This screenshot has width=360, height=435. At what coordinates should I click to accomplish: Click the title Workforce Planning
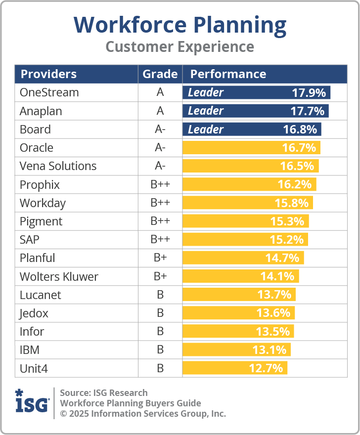click(180, 25)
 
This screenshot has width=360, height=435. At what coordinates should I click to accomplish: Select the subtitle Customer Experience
click(180, 47)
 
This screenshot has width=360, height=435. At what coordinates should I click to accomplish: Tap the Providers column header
click(48, 74)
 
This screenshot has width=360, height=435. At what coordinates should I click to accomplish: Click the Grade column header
click(160, 74)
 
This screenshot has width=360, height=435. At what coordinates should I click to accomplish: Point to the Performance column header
click(228, 74)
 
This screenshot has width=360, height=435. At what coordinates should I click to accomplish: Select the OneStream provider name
click(49, 92)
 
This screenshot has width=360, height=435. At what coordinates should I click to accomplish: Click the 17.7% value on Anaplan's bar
click(308, 111)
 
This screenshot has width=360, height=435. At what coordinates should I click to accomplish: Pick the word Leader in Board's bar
click(206, 130)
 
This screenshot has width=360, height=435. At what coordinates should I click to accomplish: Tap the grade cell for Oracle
click(160, 148)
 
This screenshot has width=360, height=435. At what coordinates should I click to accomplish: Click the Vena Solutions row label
click(58, 166)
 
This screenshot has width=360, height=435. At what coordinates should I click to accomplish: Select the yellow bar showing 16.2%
click(249, 184)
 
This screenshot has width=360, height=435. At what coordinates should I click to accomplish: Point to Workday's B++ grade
click(160, 203)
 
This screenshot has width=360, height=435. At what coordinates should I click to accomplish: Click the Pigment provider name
click(41, 221)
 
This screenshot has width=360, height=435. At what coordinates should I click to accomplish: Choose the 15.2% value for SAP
click(287, 240)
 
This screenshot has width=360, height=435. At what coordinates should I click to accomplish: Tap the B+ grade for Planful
click(160, 258)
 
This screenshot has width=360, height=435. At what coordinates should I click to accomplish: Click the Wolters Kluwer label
click(59, 276)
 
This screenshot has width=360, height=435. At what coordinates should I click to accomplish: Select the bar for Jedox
click(238, 313)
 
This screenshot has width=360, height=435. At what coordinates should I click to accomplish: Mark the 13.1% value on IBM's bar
click(270, 350)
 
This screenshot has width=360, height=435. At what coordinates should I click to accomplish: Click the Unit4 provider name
click(34, 368)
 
